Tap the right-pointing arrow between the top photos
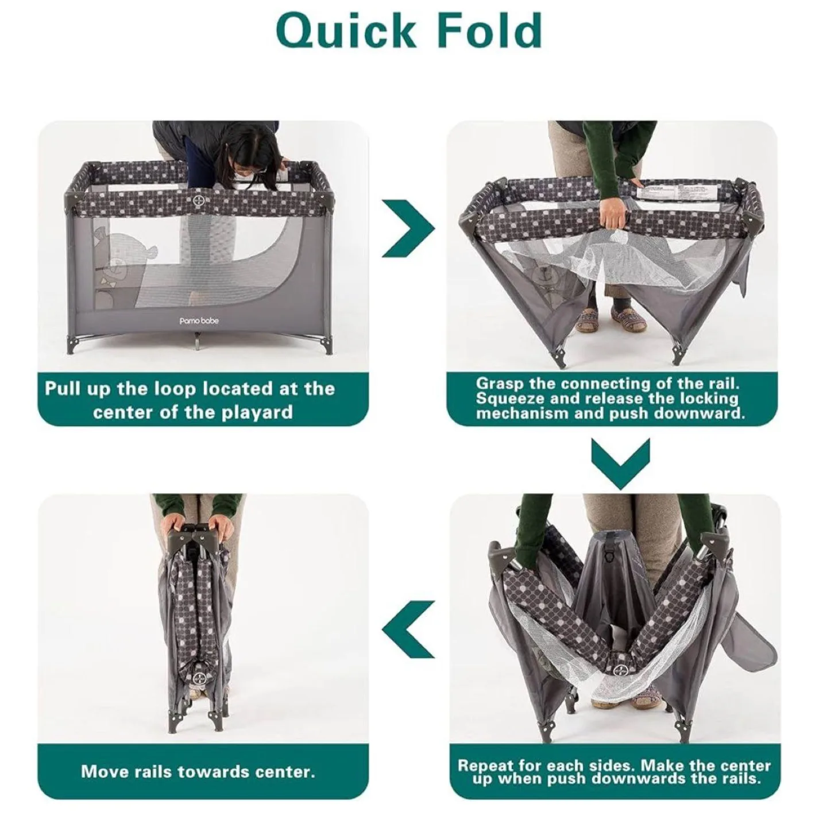pyautogui.click(x=408, y=229)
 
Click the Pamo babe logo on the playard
pyautogui.click(x=198, y=320)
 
